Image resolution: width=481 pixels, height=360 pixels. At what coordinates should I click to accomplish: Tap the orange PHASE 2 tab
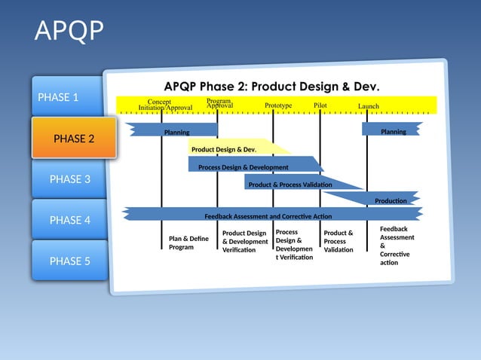(74, 139)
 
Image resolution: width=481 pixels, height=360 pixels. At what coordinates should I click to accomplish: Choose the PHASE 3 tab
(69, 179)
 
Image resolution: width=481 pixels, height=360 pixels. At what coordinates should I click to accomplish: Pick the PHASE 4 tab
(69, 220)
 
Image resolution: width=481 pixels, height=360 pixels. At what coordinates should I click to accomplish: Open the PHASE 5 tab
(69, 261)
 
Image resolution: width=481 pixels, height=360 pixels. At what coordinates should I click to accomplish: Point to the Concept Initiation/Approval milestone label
(164, 105)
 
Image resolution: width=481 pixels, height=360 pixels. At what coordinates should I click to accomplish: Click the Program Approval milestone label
(219, 103)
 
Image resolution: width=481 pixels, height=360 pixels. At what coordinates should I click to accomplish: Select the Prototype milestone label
(278, 105)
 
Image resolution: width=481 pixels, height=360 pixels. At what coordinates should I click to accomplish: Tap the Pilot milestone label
(320, 105)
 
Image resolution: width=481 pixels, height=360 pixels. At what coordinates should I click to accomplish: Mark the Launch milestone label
(368, 106)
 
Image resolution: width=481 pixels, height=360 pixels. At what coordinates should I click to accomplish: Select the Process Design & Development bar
(243, 166)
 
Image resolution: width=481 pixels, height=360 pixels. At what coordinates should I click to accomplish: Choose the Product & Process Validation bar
(290, 185)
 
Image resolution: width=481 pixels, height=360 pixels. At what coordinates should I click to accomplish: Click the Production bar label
(391, 200)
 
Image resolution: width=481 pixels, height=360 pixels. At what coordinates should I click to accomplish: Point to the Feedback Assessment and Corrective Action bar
(268, 216)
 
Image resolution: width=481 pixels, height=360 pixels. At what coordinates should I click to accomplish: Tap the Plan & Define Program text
(188, 243)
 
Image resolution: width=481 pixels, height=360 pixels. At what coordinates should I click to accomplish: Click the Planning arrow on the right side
(393, 132)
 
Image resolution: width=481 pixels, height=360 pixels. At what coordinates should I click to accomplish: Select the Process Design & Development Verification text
(293, 245)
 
